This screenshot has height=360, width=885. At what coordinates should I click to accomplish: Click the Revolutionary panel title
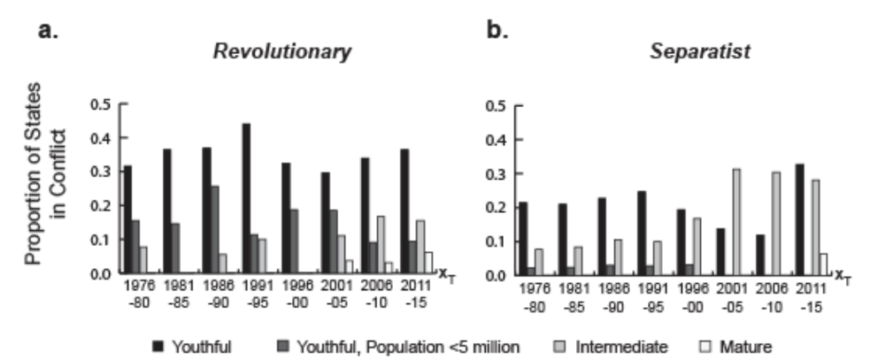pyautogui.click(x=281, y=52)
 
